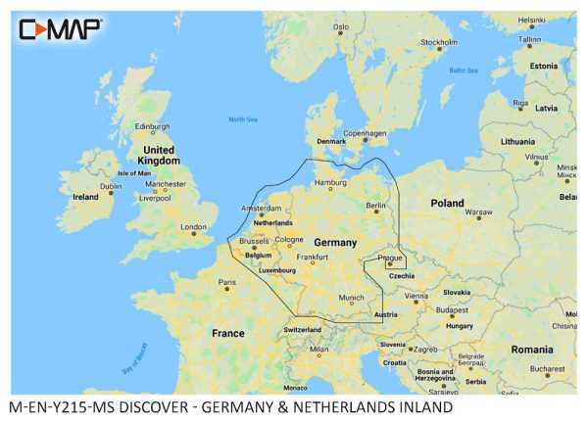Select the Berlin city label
(377, 206)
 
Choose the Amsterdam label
(262, 209)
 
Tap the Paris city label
(228, 283)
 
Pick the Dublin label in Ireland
(111, 186)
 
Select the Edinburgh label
(152, 126)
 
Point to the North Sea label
(244, 119)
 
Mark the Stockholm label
(438, 42)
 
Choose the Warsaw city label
(478, 211)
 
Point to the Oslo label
(341, 27)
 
